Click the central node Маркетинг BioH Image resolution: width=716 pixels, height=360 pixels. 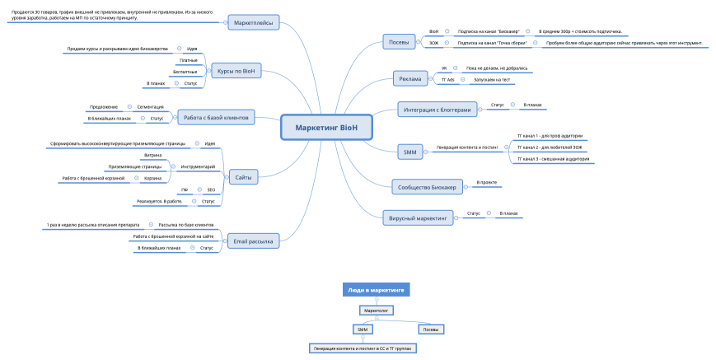coord(325,127)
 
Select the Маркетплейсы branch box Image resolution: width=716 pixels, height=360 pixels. coord(254,23)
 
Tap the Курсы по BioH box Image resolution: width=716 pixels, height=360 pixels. coord(236,71)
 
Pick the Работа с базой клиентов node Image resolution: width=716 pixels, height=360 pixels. coord(215,119)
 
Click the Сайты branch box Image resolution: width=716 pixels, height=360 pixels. coord(243,175)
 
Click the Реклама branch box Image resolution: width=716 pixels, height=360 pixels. coord(409,79)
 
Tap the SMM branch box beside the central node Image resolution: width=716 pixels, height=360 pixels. coord(409,152)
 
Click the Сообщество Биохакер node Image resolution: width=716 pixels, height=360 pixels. coord(427,187)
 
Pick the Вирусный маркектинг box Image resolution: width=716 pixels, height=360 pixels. coord(419,218)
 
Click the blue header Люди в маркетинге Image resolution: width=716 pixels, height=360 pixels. coord(376,290)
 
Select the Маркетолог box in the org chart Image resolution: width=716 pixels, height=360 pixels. coord(376,311)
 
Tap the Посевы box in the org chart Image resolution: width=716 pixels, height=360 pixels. coord(430,330)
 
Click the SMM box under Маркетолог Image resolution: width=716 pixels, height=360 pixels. coord(362,330)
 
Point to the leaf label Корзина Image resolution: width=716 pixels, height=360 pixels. coord(152,178)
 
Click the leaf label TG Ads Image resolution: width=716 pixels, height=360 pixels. coord(448,80)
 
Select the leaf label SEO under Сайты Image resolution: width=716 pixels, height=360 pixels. coord(211,189)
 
